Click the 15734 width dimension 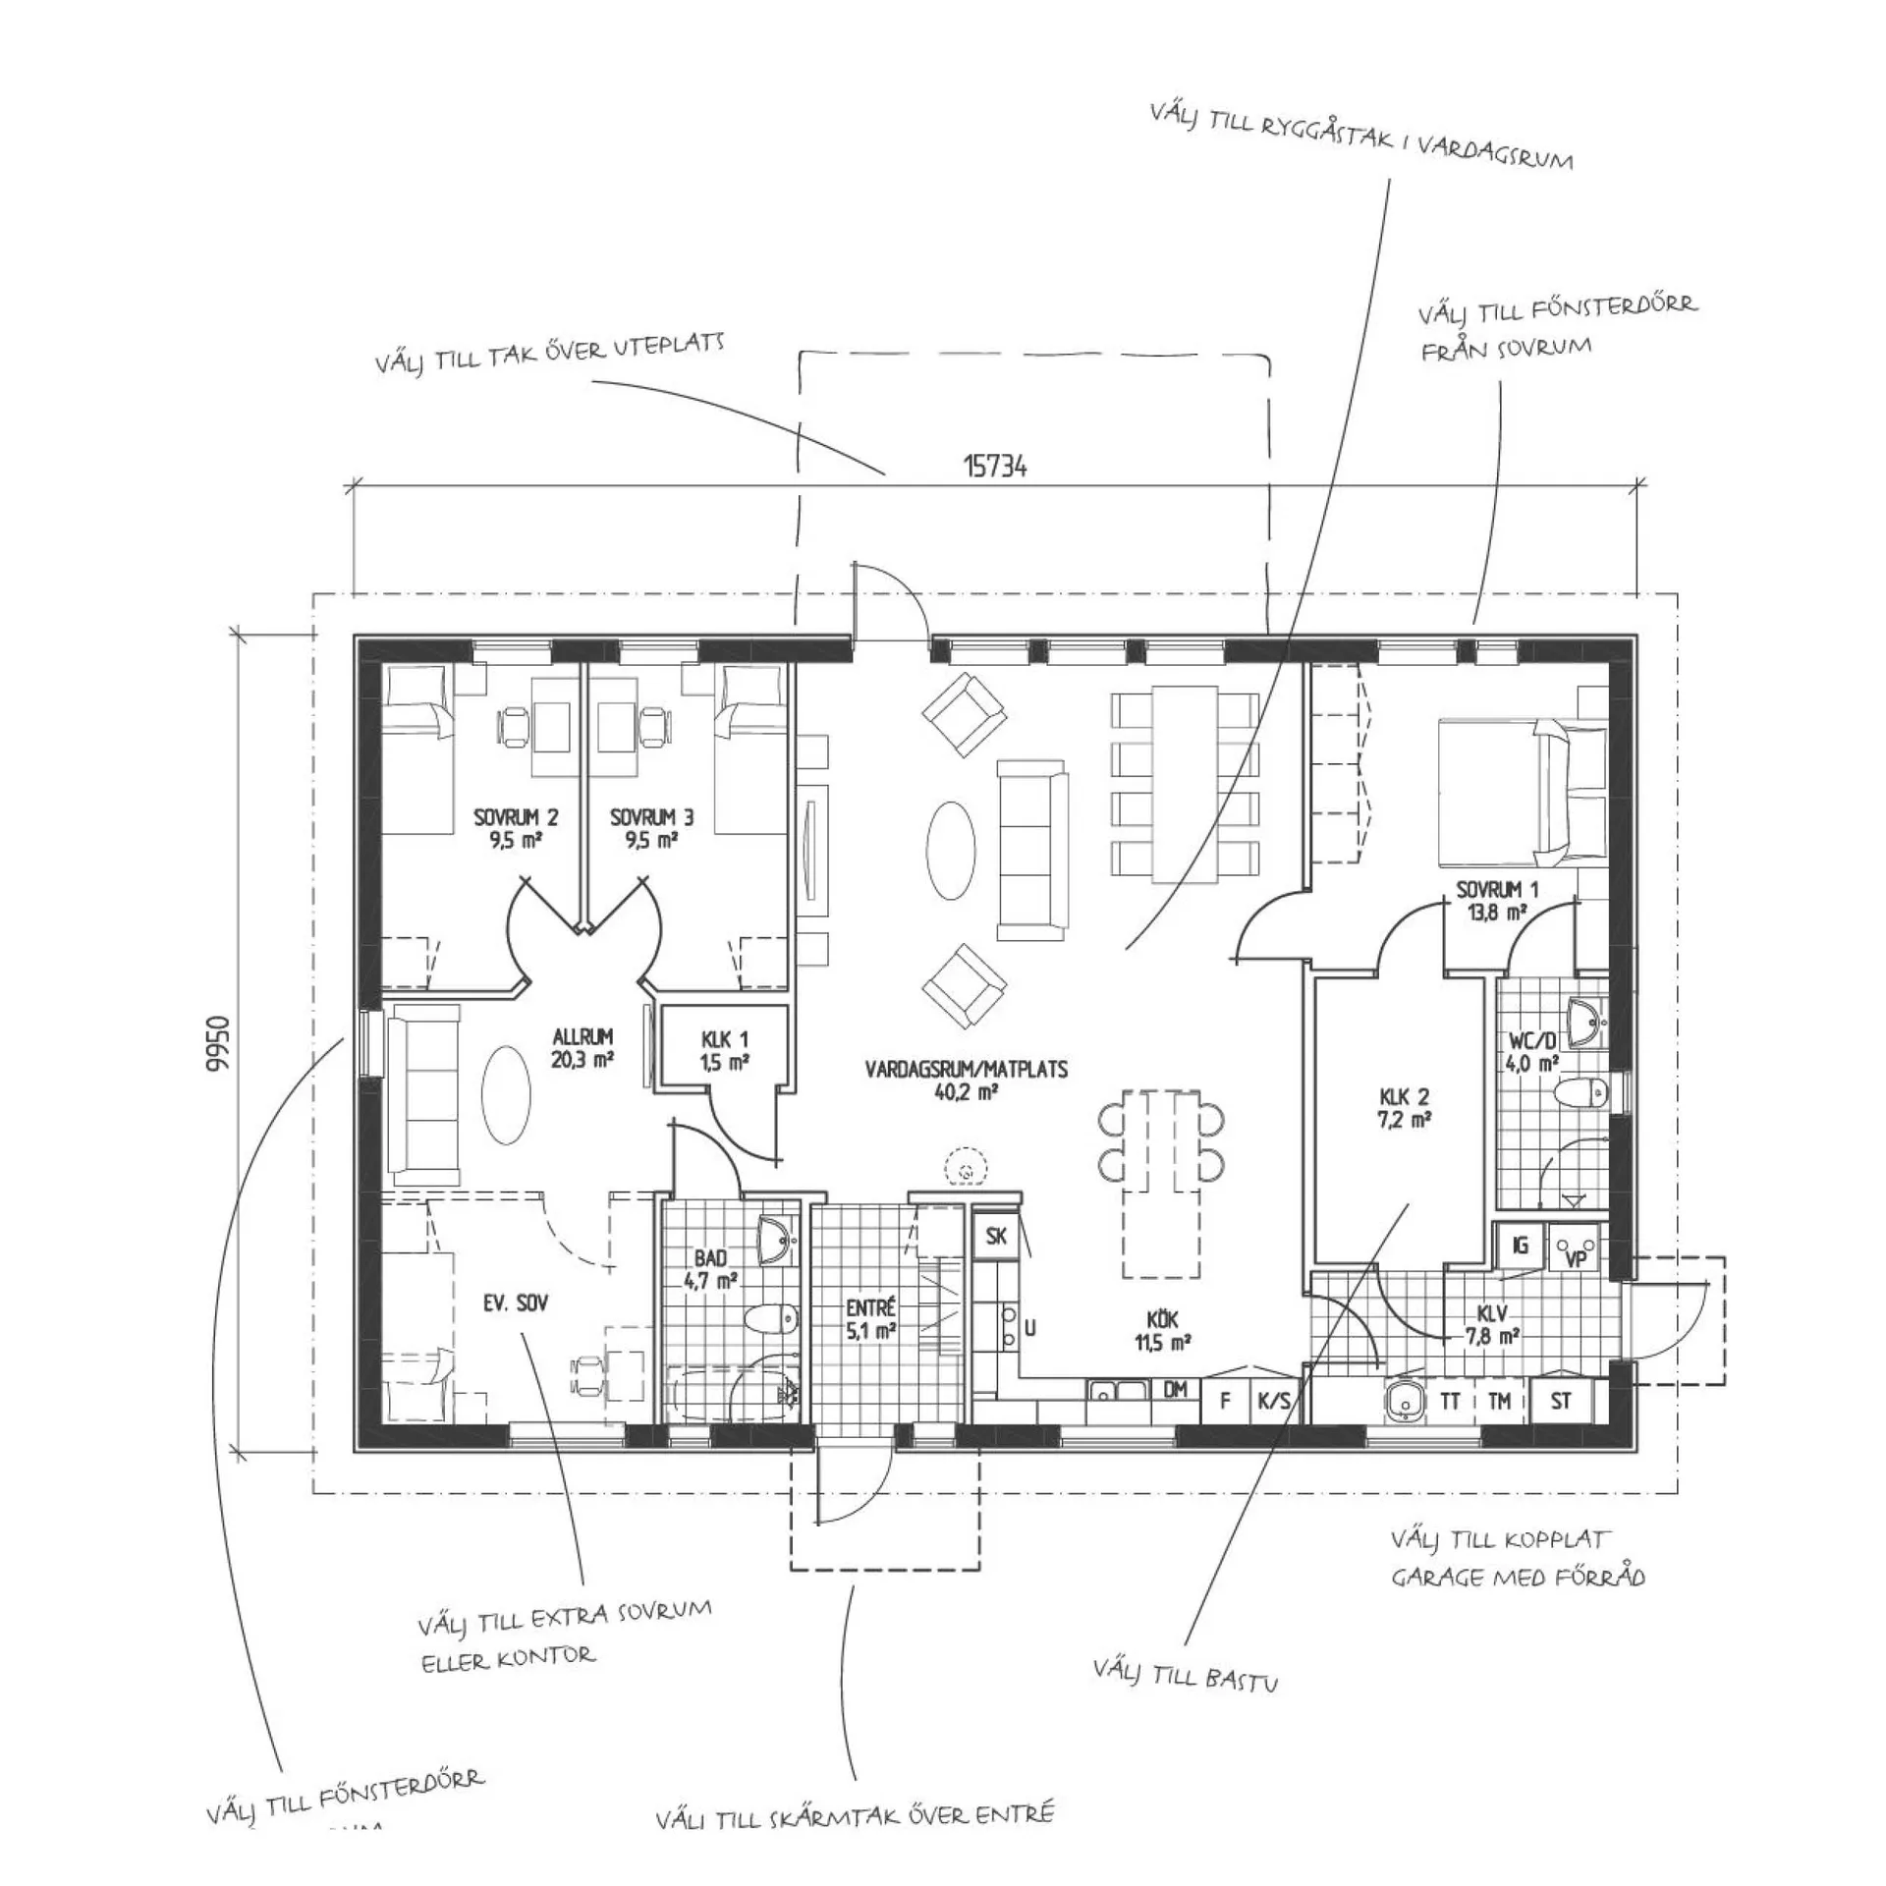pyautogui.click(x=994, y=467)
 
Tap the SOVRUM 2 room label pyautogui.click(x=516, y=828)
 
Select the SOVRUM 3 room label pyautogui.click(x=651, y=828)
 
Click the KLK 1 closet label pyautogui.click(x=725, y=1049)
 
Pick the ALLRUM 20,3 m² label pyautogui.click(x=582, y=1047)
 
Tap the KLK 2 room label pyautogui.click(x=1405, y=1107)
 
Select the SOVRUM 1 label pyautogui.click(x=1497, y=900)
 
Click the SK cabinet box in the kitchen pyautogui.click(x=996, y=1236)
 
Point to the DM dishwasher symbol pyautogui.click(x=1175, y=1390)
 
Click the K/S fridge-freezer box pyautogui.click(x=1274, y=1402)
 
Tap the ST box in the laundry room pyautogui.click(x=1561, y=1401)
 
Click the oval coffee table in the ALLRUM pyautogui.click(x=506, y=1093)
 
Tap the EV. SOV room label pyautogui.click(x=515, y=1304)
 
